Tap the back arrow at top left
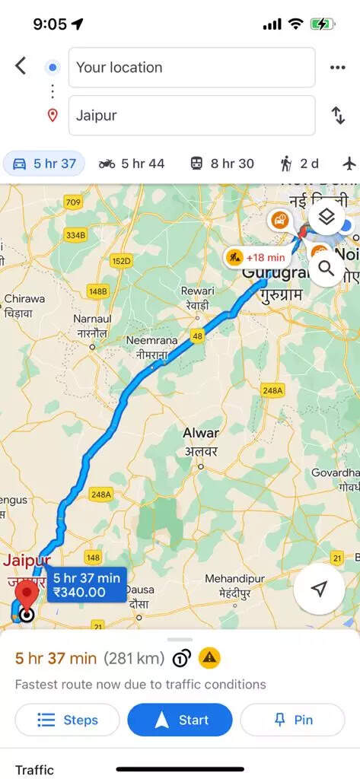(21, 66)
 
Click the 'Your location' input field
(192, 67)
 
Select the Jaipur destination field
(192, 116)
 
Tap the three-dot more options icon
(338, 67)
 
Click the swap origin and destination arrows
(338, 116)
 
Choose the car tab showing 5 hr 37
(44, 164)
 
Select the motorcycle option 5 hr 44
(132, 164)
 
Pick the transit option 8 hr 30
(222, 164)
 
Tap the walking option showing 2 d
(299, 164)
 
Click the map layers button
(327, 219)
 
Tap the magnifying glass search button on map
(327, 268)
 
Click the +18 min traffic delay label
(256, 257)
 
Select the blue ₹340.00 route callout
(87, 584)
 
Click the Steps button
(68, 720)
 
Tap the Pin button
(293, 720)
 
